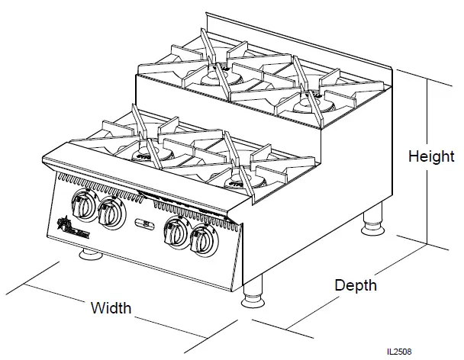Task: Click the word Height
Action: [431, 157]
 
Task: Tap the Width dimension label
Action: [111, 308]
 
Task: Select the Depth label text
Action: [355, 285]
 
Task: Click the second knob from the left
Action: [111, 211]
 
